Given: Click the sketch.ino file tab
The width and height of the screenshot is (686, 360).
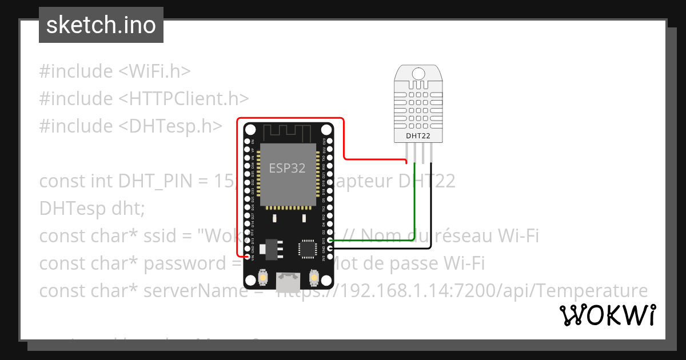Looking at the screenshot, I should (x=101, y=25).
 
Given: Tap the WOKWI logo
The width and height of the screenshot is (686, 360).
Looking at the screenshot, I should (x=608, y=315).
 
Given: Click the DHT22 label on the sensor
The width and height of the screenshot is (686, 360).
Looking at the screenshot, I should (x=418, y=136).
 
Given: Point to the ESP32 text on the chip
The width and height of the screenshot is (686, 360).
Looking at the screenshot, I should (x=287, y=168).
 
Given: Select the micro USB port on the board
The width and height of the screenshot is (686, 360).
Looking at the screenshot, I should (x=288, y=280).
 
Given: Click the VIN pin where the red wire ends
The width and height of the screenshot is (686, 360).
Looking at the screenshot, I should (x=248, y=257).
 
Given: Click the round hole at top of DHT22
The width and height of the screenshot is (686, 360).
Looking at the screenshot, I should (x=418, y=73).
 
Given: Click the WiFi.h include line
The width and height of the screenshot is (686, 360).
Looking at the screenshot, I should (x=114, y=71).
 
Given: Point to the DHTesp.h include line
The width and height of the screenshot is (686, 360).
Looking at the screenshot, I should (x=130, y=126).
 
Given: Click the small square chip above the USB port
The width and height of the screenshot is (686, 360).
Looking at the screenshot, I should (x=306, y=249).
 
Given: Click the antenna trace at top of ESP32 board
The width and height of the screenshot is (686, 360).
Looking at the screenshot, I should (x=288, y=133).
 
